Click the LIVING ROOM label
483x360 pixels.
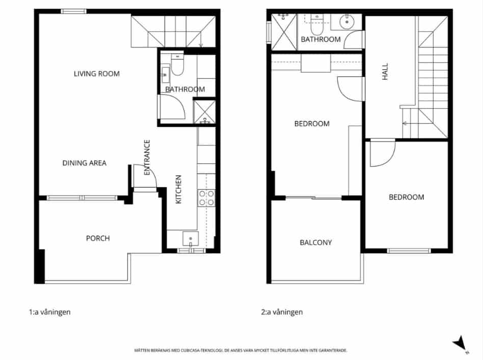point(97,74)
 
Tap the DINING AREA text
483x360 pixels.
point(84,163)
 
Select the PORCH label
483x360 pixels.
point(98,238)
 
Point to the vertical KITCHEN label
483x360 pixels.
point(179,189)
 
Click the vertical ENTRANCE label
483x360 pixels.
point(147,158)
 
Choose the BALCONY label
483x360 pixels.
point(315,242)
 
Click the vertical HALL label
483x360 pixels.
point(385,71)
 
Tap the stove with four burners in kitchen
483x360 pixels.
point(206,198)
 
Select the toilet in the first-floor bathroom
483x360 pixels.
point(177,66)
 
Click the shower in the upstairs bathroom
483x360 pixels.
point(283,32)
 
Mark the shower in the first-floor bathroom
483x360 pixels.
point(205,113)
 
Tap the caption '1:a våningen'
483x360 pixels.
point(49,312)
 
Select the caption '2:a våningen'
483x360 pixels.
point(282,312)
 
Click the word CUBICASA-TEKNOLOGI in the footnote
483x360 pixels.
point(196,350)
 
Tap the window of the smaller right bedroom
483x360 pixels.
point(409,251)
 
